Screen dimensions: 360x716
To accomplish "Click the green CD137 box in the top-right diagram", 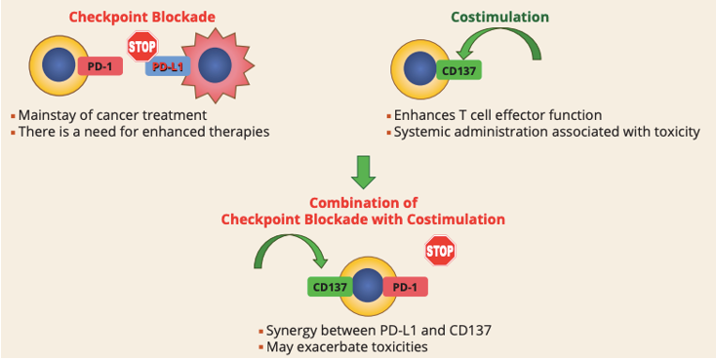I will [x=459, y=70].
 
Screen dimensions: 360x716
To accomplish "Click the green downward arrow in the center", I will [x=364, y=170].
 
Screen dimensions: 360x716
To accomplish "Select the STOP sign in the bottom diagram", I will [x=440, y=252].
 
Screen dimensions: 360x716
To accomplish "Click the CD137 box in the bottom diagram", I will [x=330, y=288].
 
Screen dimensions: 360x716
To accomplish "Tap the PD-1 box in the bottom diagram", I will [x=404, y=288].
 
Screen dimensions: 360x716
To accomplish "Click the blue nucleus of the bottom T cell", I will [x=367, y=287].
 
